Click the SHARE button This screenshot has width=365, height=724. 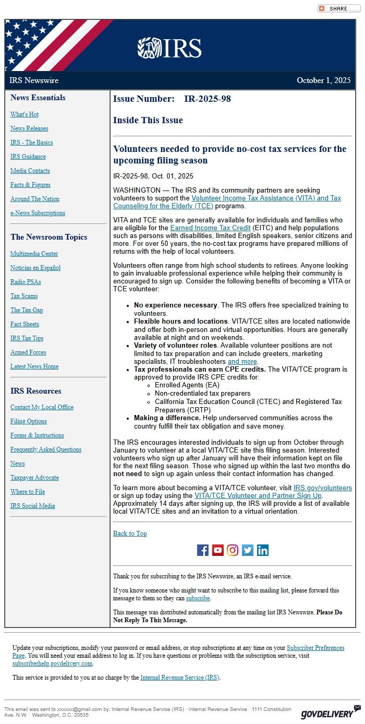338,8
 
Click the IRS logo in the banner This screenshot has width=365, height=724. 169,48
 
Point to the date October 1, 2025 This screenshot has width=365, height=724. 323,80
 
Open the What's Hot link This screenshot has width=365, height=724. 25,114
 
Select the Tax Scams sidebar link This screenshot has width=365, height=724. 24,296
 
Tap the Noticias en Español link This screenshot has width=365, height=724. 35,268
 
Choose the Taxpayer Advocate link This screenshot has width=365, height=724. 34,478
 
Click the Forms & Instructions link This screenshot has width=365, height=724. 37,435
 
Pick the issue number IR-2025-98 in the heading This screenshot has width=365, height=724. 208,99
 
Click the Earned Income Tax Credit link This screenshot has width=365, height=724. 211,228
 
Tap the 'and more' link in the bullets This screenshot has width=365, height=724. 242,361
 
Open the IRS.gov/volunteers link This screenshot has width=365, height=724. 322,488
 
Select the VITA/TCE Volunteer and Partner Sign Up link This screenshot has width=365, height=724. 258,495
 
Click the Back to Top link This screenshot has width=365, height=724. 130,533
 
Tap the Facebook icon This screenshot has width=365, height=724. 203,550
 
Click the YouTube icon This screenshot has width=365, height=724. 218,550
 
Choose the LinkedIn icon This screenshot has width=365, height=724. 263,550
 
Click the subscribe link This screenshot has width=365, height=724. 198,598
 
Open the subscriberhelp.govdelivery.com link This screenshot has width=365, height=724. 52,663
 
